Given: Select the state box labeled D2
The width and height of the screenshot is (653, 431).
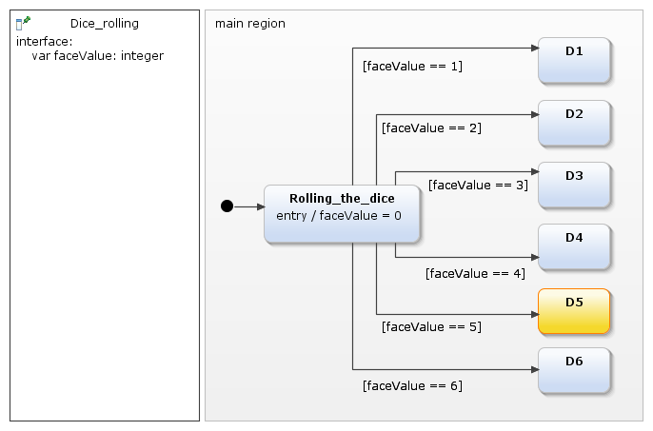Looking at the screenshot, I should [574, 123].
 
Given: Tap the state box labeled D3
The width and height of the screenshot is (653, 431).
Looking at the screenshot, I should [574, 185].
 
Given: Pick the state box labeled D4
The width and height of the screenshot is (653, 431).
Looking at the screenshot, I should [574, 246].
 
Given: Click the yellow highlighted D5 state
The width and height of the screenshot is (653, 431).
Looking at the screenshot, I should [574, 310].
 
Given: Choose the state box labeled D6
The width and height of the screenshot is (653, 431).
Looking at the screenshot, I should [574, 370].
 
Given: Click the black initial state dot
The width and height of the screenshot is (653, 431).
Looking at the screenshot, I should [227, 206].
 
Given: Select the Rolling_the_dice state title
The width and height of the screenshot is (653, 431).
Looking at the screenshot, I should [342, 198].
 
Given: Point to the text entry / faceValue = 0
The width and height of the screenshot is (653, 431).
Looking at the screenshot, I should [339, 216].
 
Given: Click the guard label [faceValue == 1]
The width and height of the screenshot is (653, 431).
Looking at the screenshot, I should [412, 66].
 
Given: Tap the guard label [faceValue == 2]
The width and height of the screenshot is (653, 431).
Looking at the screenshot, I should [430, 127].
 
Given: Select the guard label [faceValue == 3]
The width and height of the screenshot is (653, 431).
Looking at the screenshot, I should [478, 185].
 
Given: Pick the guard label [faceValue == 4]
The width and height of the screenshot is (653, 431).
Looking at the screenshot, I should [475, 273].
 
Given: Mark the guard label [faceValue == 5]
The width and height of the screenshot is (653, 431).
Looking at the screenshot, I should [430, 326].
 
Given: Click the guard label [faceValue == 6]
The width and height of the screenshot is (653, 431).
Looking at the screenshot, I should [412, 385].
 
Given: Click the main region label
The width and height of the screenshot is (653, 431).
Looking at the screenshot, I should [250, 23].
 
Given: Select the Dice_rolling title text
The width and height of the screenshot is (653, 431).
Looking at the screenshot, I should [104, 23].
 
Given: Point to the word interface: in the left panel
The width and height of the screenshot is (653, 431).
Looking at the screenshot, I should [45, 41].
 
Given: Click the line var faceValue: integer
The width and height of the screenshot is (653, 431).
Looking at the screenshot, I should [97, 56].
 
